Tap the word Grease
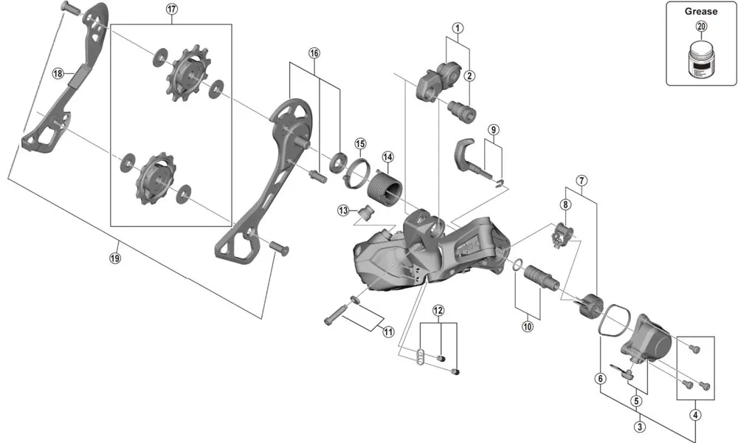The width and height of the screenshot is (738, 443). coord(700,12)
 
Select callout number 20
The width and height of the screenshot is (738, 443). coord(700,27)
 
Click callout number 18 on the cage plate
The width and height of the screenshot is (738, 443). coord(58,73)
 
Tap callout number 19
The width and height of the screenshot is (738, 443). coord(114,258)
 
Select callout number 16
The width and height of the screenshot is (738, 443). coord(314,53)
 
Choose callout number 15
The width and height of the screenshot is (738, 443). coord(359,143)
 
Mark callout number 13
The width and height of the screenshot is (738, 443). coord(343,210)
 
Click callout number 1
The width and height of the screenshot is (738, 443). coord(458,29)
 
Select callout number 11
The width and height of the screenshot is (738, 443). coord(388,332)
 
